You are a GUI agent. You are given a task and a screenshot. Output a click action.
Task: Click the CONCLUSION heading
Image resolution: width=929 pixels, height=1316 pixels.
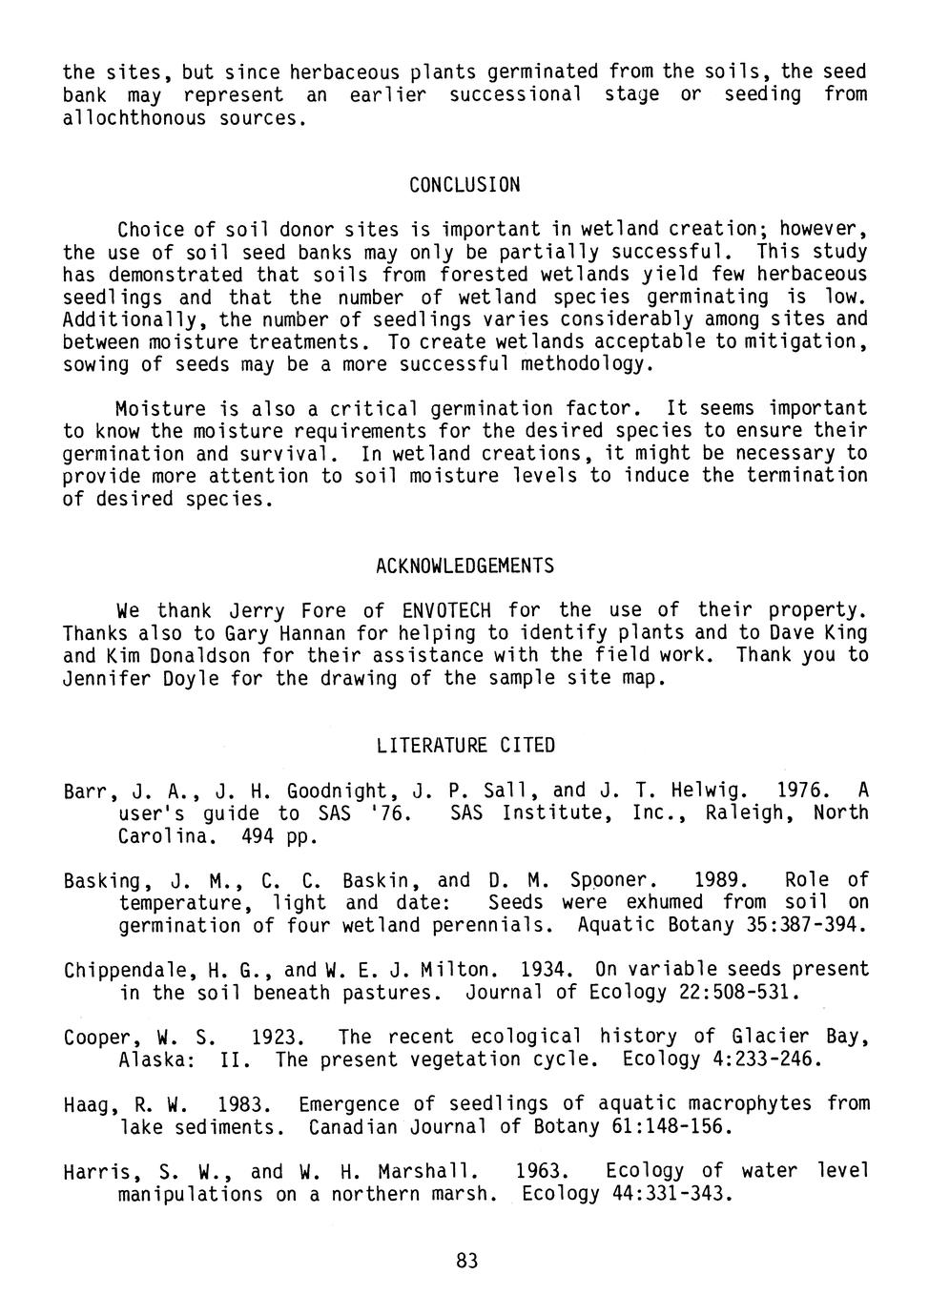click(x=464, y=185)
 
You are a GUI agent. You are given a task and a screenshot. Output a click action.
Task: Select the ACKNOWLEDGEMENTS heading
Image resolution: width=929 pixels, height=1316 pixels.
click(x=464, y=566)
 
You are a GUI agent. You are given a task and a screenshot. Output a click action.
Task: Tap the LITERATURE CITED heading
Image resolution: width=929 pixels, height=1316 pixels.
click(x=464, y=746)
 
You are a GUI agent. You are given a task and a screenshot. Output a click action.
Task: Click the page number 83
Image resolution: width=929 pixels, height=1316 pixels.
click(x=465, y=1261)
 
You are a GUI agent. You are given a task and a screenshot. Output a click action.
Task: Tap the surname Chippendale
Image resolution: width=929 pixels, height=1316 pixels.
click(x=128, y=971)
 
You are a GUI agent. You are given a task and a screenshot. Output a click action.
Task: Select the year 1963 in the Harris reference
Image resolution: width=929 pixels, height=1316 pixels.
click(x=540, y=1171)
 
